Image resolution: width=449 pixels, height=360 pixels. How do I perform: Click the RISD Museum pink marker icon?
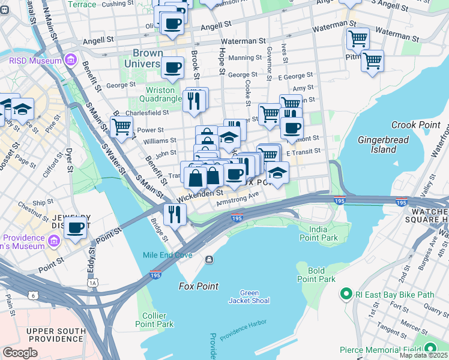click(x=71, y=61)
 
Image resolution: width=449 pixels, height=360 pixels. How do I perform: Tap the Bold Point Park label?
click(x=316, y=275)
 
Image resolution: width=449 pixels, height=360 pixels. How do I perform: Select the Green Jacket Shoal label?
click(x=249, y=296)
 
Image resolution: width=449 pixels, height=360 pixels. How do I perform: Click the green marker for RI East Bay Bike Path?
click(x=346, y=294)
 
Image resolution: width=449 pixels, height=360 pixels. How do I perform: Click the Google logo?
click(x=20, y=353)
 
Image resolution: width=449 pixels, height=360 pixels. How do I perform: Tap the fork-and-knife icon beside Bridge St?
click(x=175, y=214)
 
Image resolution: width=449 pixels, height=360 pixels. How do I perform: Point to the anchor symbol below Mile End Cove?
click(x=208, y=259)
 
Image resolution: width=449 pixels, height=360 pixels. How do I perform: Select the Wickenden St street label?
click(x=200, y=194)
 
